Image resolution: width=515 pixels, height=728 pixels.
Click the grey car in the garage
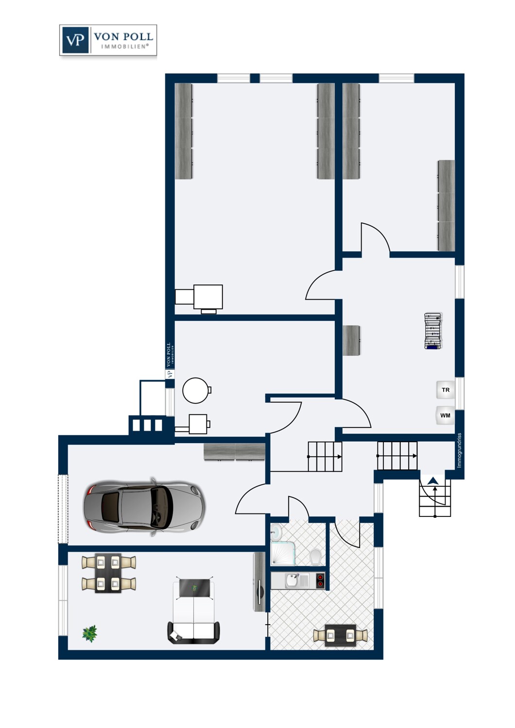coord(144,507)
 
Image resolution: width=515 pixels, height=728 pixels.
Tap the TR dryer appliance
coord(446,390)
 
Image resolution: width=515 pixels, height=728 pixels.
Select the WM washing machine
coord(445,415)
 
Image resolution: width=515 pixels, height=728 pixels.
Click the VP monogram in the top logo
coord(75,40)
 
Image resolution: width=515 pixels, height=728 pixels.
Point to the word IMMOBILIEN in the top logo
coord(124,47)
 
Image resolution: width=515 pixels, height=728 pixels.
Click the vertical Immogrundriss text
coord(459,450)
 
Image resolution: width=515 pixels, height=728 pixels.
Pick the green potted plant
coord(90,633)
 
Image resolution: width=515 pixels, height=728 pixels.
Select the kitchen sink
coord(293,580)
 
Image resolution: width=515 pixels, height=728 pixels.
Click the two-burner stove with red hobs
coord(320,580)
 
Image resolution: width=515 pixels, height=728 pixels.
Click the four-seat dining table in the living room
coord(108,574)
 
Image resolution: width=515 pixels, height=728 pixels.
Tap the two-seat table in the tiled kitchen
coord(340,635)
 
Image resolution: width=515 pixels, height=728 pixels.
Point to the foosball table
coord(433,331)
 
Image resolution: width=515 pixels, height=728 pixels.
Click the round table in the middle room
coord(196,390)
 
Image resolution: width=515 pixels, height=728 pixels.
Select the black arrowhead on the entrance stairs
coord(433,481)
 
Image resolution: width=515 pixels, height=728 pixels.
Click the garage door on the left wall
coord(63,508)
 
